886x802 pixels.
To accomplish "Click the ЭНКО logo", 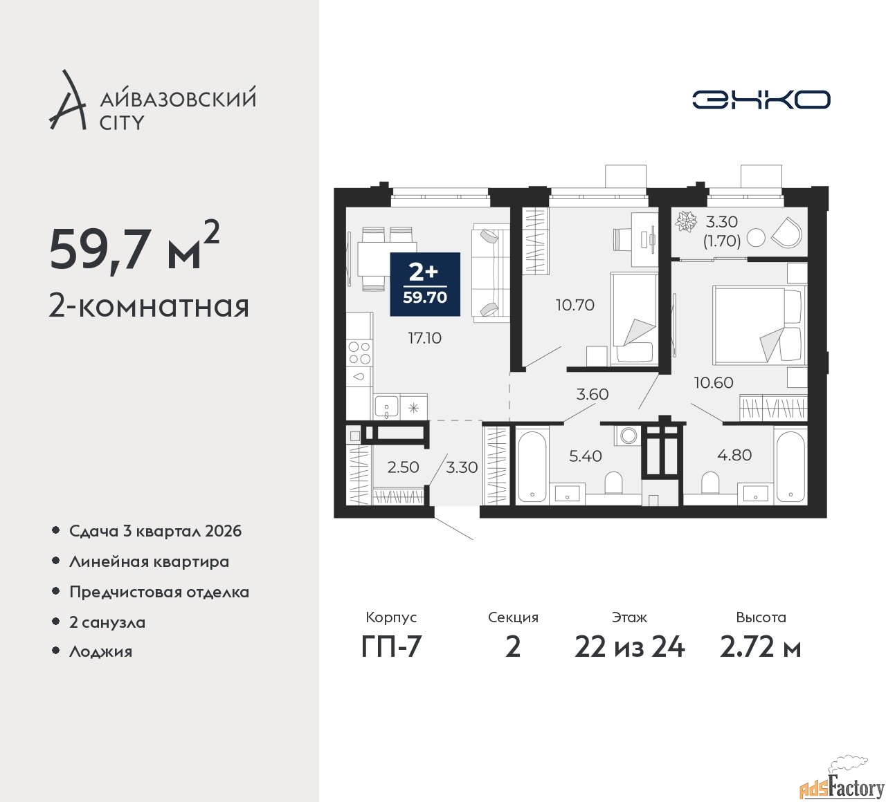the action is click(761, 100).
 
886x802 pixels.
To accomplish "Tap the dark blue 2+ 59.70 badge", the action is click(425, 284).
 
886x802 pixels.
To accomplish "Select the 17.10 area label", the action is click(424, 338).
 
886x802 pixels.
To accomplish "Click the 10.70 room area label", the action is click(575, 305).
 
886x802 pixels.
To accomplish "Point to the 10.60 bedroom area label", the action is click(714, 382).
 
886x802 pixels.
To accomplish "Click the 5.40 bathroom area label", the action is click(585, 456).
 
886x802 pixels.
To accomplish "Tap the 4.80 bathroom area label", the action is click(734, 455).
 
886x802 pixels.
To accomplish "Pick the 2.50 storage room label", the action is click(403, 467).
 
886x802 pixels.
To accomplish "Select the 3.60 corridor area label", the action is click(593, 394).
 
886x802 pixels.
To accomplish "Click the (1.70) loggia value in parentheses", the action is click(722, 241).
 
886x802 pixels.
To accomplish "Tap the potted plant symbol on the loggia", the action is click(686, 221).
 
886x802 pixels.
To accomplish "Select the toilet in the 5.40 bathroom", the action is click(613, 483).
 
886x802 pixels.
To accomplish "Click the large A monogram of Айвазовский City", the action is click(67, 100).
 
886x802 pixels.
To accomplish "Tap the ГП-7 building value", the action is click(391, 647).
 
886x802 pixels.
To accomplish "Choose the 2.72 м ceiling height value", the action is click(760, 647).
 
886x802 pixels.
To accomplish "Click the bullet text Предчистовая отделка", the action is click(159, 592).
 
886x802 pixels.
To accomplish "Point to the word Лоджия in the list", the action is click(100, 651).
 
